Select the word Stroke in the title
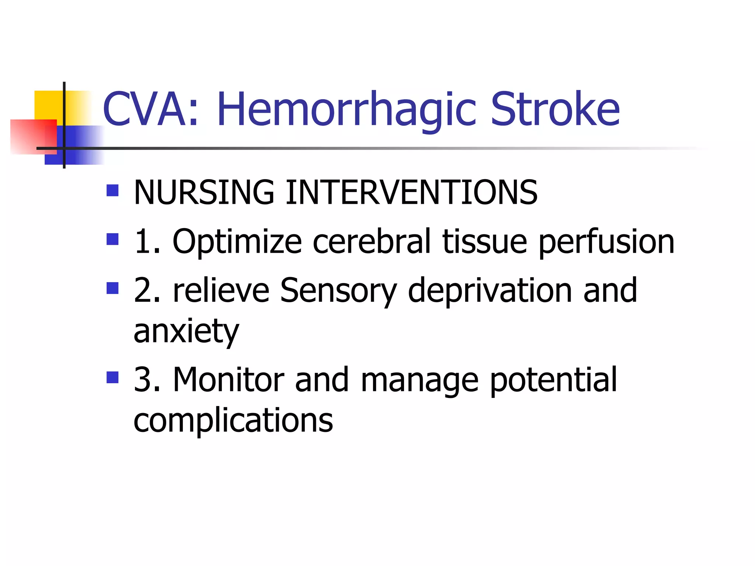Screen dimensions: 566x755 coord(555,109)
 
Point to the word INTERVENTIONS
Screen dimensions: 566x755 coord(411,192)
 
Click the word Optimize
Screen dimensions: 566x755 coord(237,242)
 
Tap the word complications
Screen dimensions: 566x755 coord(233,421)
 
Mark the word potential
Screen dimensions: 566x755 coord(553,380)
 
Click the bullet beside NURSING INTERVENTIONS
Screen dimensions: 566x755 coord(112,191)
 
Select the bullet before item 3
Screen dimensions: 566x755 coord(112,377)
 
